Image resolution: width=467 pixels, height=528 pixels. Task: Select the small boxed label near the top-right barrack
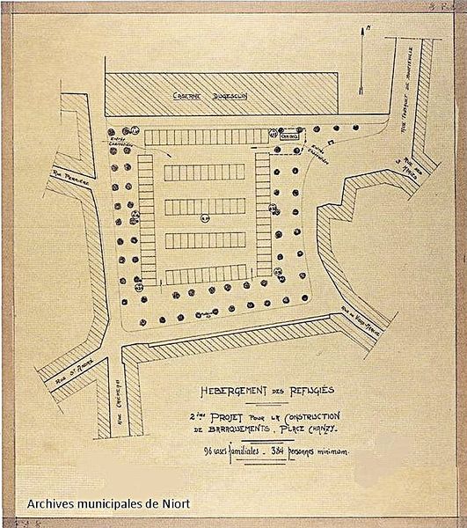[290, 137]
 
